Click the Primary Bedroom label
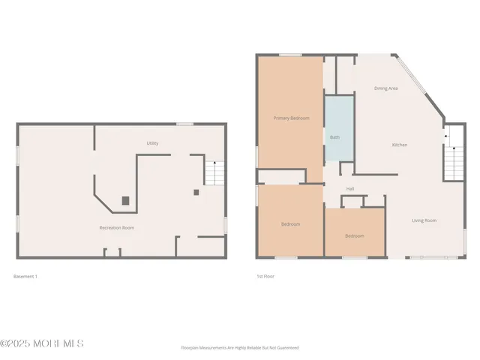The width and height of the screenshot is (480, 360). coord(291,118)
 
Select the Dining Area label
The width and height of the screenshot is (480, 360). coord(386,88)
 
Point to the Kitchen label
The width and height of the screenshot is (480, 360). coord(400,145)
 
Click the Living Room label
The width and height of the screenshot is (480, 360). coord(424,220)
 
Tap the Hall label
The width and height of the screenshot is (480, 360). coord(350,188)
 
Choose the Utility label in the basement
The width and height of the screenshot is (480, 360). coord(152,143)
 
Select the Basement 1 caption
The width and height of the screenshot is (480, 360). coord(25,277)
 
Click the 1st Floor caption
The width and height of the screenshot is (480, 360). coord(265,277)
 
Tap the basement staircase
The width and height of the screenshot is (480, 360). coord(215,173)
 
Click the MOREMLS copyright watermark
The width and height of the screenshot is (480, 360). coord(42,343)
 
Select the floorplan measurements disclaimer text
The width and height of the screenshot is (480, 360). coord(240,348)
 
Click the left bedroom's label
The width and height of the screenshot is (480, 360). coord(291,224)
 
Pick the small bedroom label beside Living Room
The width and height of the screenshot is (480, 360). coord(355,236)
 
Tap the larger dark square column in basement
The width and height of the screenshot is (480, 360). coord(125,200)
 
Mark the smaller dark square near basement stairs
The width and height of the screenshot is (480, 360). coord(196,192)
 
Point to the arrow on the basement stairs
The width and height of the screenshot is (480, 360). coord(216,164)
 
